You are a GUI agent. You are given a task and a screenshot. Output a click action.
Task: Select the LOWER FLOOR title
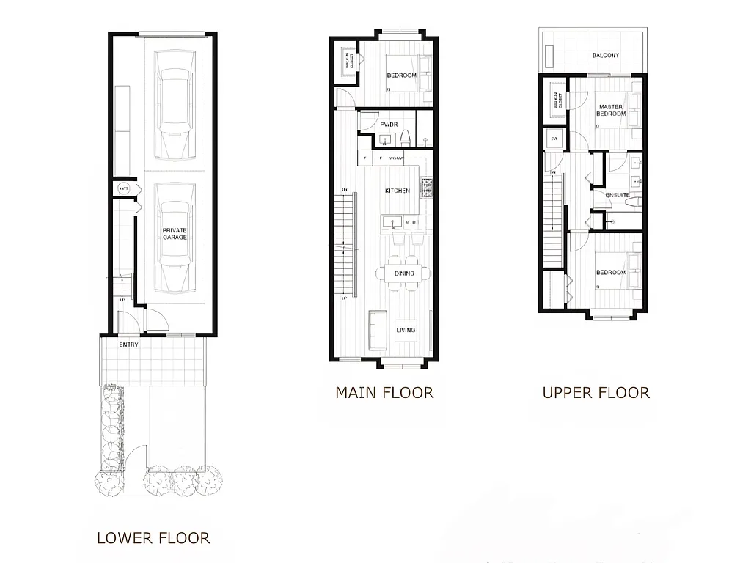pyautogui.click(x=153, y=538)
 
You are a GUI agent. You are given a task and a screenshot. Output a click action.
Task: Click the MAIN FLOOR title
pyautogui.click(x=384, y=393)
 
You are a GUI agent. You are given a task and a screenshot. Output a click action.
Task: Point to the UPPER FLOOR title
pyautogui.click(x=596, y=393)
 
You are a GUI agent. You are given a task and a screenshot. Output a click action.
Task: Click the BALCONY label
pyautogui.click(x=606, y=56)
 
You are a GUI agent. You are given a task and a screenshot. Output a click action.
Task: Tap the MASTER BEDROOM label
pyautogui.click(x=610, y=111)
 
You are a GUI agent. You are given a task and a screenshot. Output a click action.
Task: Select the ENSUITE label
pyautogui.click(x=618, y=194)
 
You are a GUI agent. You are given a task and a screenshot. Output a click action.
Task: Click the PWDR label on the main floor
pyautogui.click(x=389, y=125)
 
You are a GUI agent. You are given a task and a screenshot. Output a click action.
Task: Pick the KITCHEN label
pyautogui.click(x=398, y=191)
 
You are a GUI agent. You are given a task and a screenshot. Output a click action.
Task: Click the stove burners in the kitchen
pyautogui.click(x=427, y=188)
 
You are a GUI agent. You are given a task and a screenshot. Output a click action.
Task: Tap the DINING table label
pyautogui.click(x=404, y=273)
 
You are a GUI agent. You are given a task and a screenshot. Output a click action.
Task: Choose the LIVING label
pyautogui.click(x=406, y=330)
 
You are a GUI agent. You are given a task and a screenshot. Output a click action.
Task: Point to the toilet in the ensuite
pyautogui.click(x=636, y=199)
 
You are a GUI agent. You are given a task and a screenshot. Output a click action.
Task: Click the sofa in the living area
pyautogui.click(x=377, y=329)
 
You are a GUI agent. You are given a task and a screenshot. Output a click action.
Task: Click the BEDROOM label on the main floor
pyautogui.click(x=401, y=76)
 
